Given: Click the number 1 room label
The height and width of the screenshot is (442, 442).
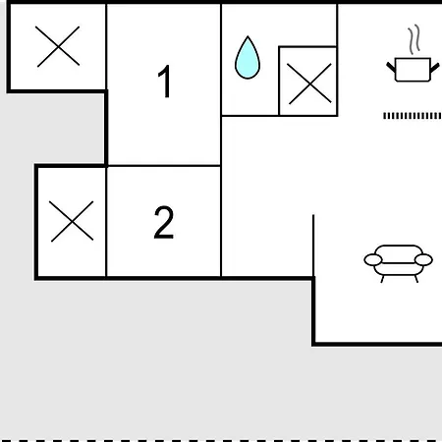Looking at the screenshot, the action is coord(165,82).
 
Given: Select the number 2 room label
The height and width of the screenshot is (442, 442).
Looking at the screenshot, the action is coord(164,222).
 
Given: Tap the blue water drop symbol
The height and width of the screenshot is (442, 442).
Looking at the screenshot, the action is coord(248,58).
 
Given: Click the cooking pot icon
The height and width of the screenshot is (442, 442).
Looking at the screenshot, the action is coord(413,70).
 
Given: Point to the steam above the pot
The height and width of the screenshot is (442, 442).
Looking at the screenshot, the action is coord(414,39).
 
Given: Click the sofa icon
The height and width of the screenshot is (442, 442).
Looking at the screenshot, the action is coord(399,263).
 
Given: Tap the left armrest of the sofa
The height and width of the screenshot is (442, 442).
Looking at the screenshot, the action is coord(373,260).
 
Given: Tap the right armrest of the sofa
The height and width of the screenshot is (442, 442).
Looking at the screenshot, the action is coord(423,259).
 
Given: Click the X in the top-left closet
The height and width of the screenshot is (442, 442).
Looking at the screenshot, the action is coord(58,46).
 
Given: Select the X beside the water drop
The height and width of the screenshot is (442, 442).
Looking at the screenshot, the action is coord(309,83).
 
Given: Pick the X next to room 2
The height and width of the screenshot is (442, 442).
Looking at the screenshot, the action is coord(72,221).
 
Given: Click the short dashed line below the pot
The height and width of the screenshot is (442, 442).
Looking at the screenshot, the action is coord(413,116).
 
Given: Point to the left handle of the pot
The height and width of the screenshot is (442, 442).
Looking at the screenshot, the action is coord(391,67).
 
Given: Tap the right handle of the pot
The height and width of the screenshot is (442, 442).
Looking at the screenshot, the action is coord(434,68).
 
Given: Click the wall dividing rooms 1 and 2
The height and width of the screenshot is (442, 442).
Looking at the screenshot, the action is coord(164,166).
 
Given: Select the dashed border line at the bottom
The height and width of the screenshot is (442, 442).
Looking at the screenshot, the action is coord(221,440).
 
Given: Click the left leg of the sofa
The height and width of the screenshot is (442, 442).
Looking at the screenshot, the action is coord(382,279).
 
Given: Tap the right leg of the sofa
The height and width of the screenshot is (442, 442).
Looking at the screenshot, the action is coord(416,279).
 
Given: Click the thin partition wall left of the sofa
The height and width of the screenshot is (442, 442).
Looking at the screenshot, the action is coord(313,246).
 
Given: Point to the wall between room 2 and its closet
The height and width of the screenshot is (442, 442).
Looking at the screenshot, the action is coord(106,222).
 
